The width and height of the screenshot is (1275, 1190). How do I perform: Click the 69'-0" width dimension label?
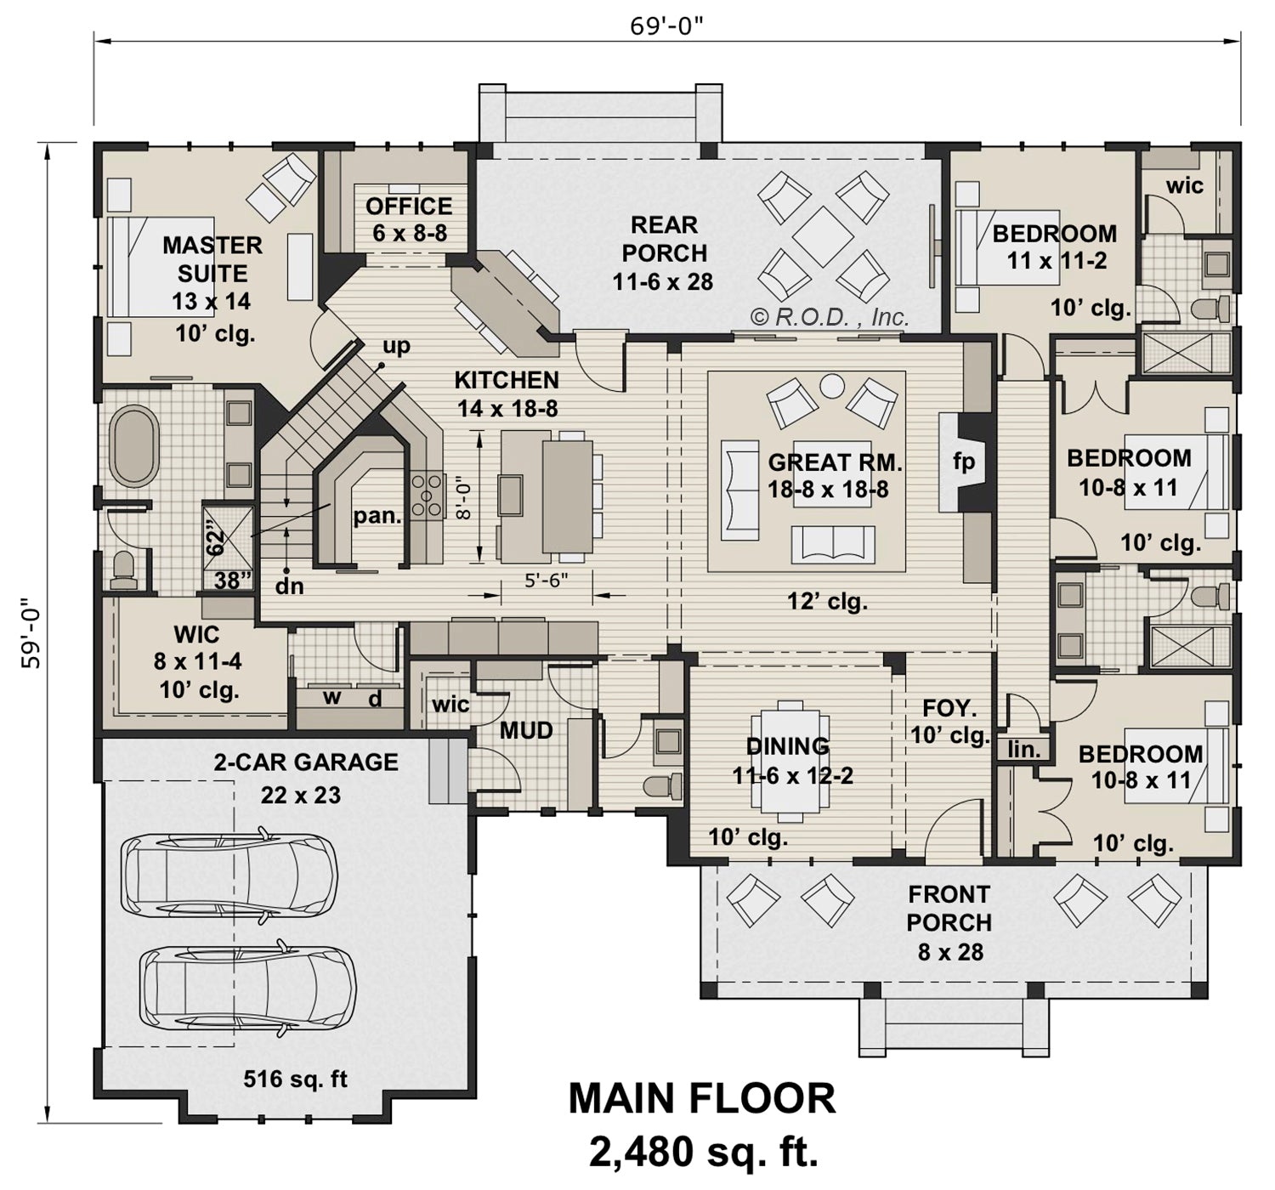[x=666, y=25]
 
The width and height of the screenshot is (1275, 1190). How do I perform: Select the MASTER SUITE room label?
[x=212, y=259]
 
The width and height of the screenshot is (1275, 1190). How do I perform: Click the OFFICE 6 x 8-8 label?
[x=409, y=219]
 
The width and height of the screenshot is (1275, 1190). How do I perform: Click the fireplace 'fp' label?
[x=963, y=462]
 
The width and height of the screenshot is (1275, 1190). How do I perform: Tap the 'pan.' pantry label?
[x=377, y=514]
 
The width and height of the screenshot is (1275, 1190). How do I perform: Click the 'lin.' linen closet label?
[x=1024, y=749]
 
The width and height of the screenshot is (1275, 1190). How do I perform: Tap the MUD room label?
[x=526, y=730]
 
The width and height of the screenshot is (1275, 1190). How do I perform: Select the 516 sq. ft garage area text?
[x=295, y=1079]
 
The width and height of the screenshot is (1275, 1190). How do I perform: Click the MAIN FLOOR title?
[x=701, y=1098]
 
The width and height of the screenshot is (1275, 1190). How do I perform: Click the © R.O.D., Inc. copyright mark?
[x=830, y=317]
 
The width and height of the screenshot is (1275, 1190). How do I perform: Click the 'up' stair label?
[x=396, y=346]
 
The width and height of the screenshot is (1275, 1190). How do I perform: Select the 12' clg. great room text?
[x=826, y=602]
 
